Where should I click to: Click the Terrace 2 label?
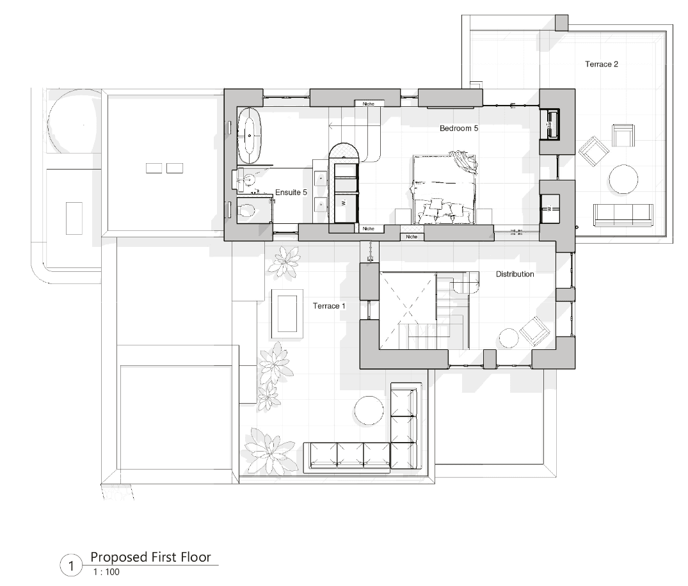tap(601, 64)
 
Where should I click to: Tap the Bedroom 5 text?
tap(459, 129)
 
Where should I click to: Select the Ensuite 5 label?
tap(291, 192)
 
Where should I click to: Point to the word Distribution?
tap(515, 274)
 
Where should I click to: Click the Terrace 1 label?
tap(329, 306)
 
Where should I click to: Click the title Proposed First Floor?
tap(150, 557)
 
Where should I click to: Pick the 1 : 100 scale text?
tap(106, 571)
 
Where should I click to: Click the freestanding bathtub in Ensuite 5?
tap(249, 136)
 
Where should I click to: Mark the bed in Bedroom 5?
tap(444, 190)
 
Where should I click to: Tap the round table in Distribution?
tap(509, 338)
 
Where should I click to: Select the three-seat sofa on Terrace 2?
tap(623, 214)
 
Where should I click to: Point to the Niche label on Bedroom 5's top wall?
tap(368, 104)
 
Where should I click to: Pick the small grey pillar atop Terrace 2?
tap(561, 22)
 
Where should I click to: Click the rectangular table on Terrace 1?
tap(287, 311)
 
